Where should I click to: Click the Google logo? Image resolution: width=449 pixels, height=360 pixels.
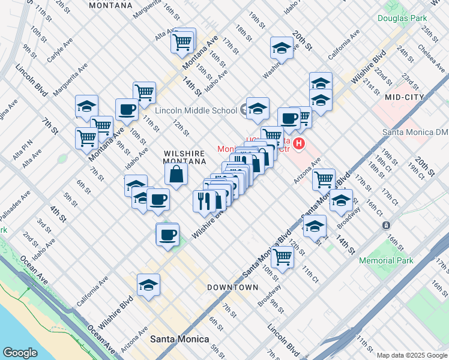coord(20,353)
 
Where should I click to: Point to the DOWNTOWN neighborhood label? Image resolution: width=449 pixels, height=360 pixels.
coord(232,287)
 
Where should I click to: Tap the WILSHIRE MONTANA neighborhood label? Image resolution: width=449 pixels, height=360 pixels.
coord(185,157)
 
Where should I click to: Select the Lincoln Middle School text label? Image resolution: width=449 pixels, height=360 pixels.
coord(196,110)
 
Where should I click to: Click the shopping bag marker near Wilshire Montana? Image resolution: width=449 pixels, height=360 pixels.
coord(176,175)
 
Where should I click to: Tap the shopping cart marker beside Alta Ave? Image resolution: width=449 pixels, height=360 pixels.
coord(182,43)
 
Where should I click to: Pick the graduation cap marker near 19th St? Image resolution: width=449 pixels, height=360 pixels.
coord(281,48)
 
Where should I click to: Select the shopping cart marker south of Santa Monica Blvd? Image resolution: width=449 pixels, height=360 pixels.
coord(282,257)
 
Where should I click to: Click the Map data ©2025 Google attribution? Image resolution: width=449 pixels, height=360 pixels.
coord(412,355)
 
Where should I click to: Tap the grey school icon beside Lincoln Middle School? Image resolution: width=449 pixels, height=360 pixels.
coord(244,110)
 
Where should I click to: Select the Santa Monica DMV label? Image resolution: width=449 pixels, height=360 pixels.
coord(415,132)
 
